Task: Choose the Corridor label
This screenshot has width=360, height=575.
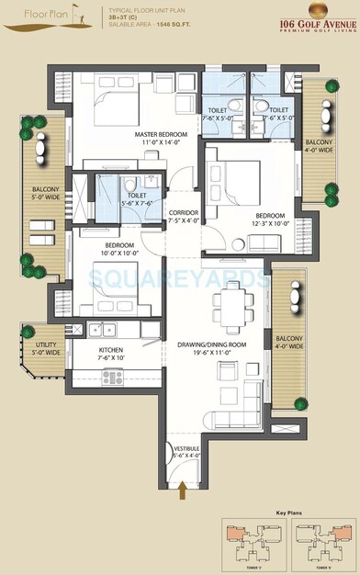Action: [x=185, y=216]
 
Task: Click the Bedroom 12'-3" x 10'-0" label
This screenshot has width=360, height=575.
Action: [x=270, y=220]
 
